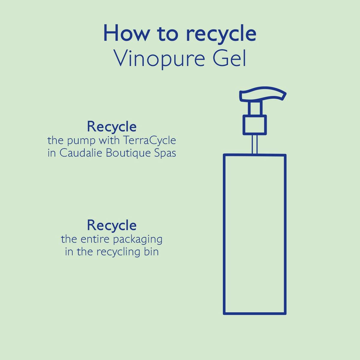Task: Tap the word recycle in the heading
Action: [x=221, y=34]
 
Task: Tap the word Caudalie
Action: [x=79, y=153]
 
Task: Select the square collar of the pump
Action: [x=255, y=125]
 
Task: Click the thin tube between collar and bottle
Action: [x=255, y=144]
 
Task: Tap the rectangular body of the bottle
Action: [x=255, y=234]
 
